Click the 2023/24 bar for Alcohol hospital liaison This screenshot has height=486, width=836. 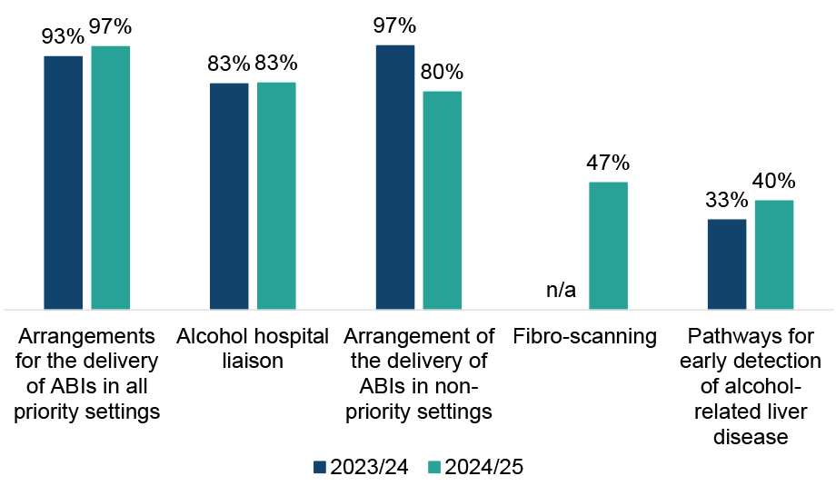tap(229, 196)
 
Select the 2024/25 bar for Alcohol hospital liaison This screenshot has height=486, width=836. tap(276, 196)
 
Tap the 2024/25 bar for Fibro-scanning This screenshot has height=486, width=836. tap(608, 245)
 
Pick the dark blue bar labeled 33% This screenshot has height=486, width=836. tap(727, 264)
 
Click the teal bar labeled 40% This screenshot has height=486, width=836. tap(774, 254)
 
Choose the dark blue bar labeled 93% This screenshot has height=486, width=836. tap(64, 183)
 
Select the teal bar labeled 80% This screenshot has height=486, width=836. tap(443, 200)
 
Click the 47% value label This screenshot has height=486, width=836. tap(608, 164)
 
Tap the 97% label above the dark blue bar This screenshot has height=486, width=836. tap(395, 25)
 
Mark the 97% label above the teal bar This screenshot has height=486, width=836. tap(111, 27)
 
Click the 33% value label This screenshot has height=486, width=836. tap(727, 201)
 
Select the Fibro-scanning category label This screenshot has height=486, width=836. tap(584, 337)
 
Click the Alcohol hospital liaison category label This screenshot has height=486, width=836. tap(253, 349)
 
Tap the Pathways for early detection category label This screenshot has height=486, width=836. tap(754, 387)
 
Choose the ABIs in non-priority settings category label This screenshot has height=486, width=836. tap(419, 374)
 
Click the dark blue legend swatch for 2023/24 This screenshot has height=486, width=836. tap(319, 468)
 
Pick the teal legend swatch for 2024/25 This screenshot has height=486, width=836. tap(433, 468)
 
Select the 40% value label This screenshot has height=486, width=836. tap(774, 181)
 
